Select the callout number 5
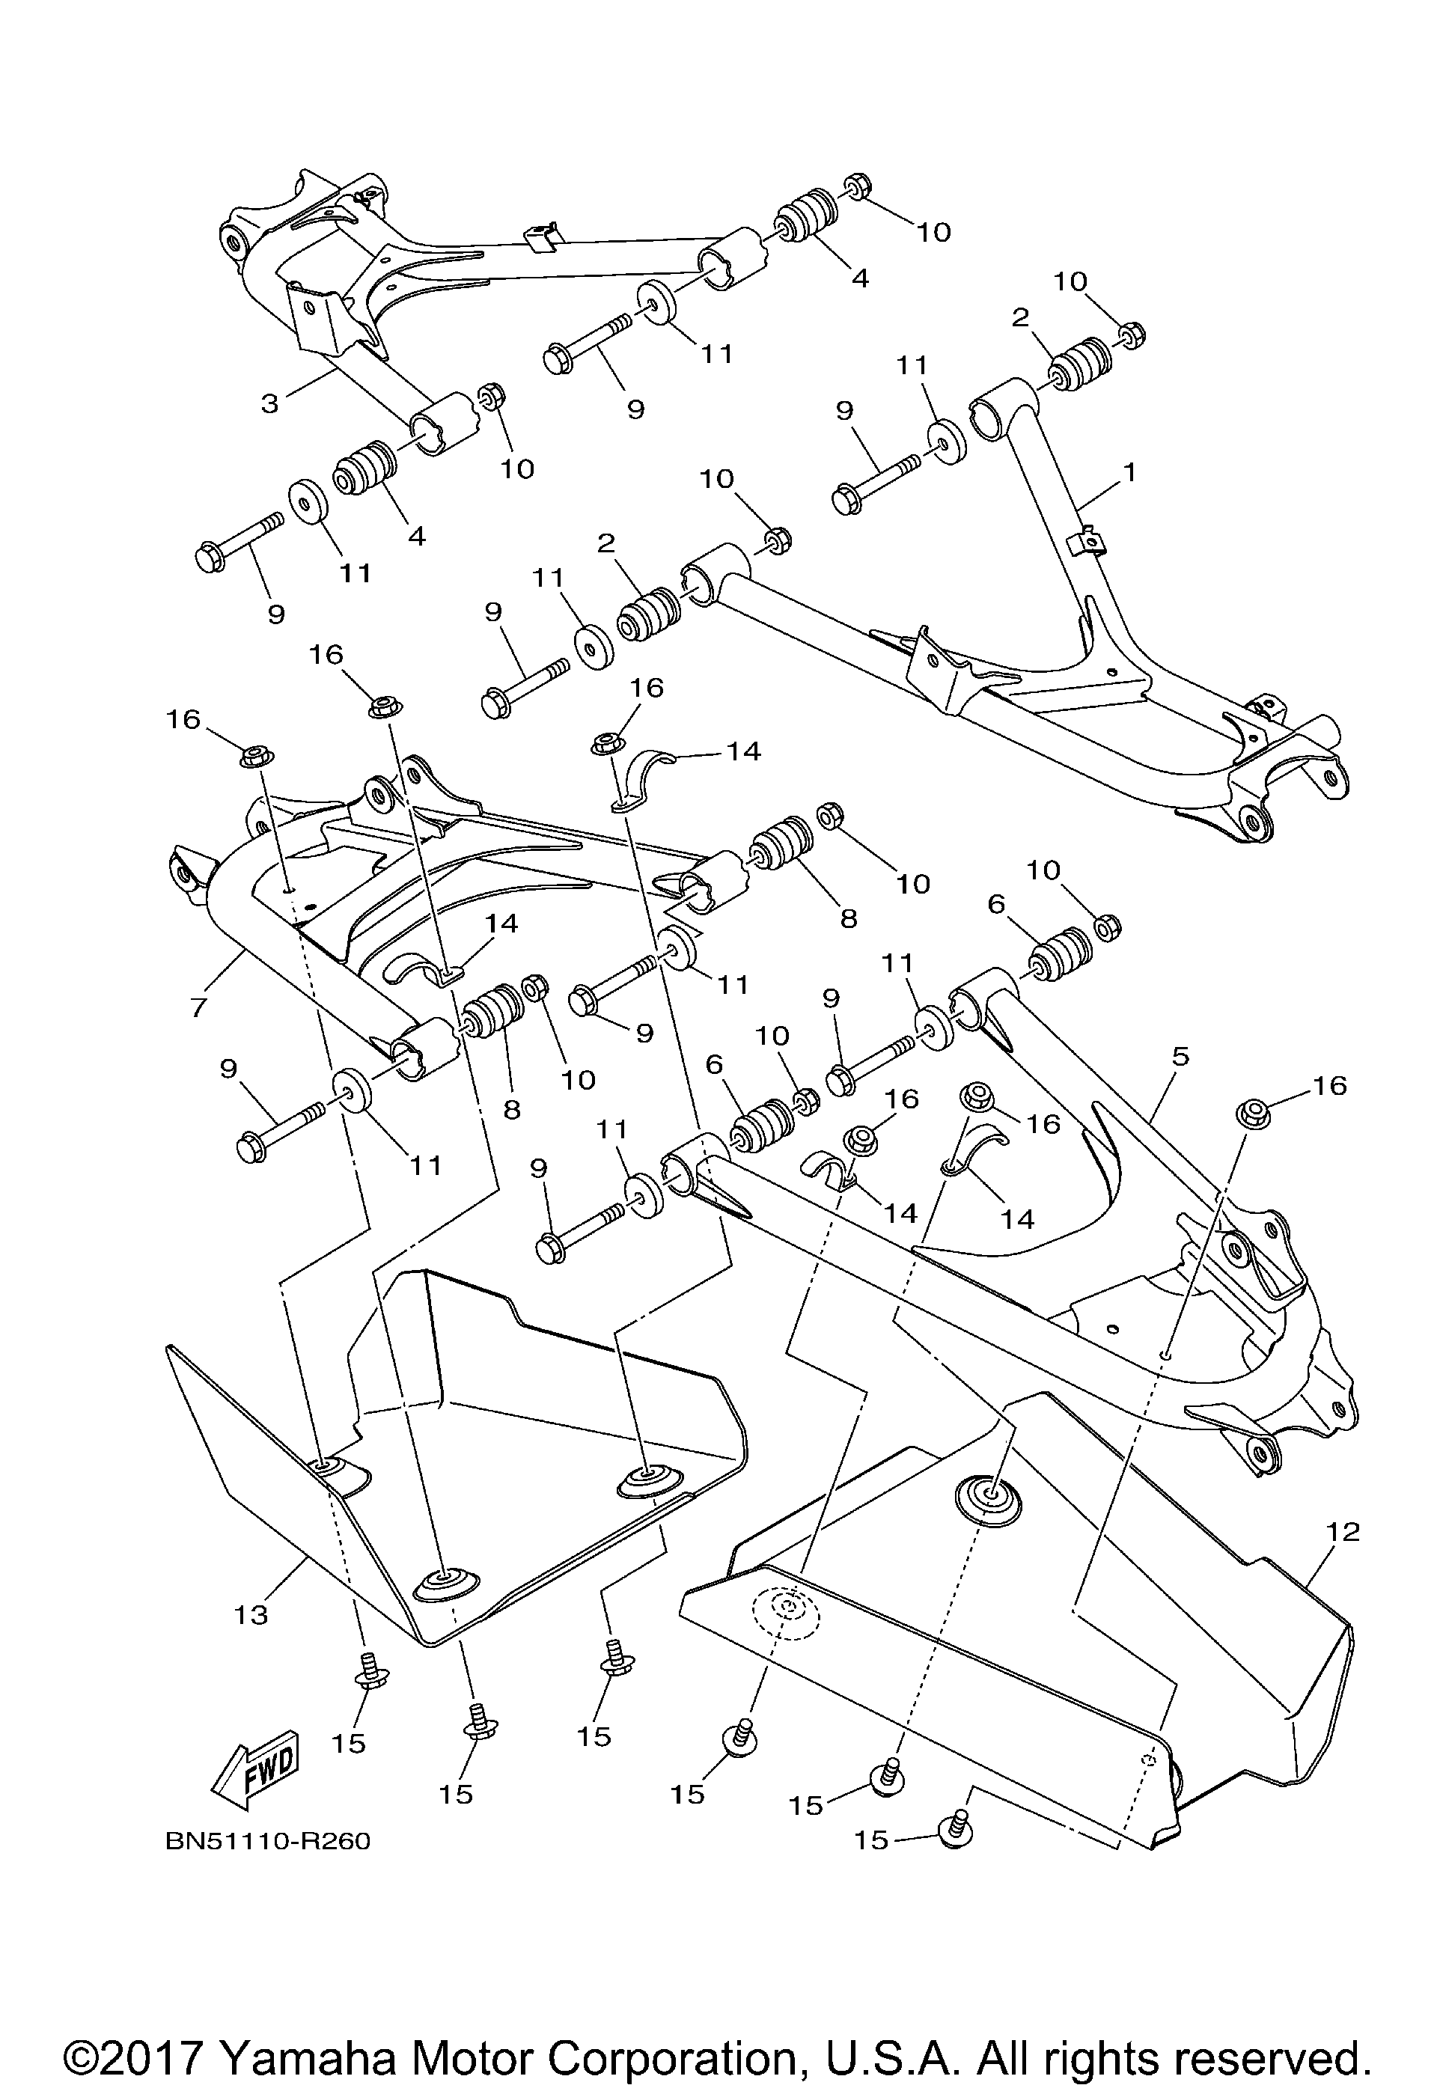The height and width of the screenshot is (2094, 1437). (x=1180, y=1056)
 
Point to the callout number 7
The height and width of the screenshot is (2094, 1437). (x=198, y=1007)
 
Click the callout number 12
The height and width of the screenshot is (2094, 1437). (x=1343, y=1531)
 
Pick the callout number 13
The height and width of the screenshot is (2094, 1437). (x=252, y=1614)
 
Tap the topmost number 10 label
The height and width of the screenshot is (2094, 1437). (x=933, y=233)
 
